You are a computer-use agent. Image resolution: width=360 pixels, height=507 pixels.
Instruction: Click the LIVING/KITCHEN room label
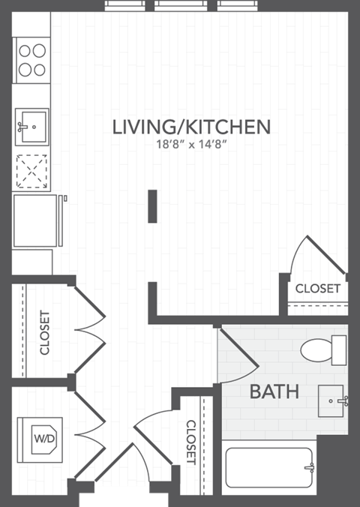[x=190, y=127]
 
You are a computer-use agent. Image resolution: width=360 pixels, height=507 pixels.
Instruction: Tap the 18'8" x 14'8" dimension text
[x=190, y=145]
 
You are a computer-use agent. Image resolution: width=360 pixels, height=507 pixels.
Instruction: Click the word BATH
[x=274, y=391]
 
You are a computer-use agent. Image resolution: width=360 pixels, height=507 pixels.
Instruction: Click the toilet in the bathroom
[x=323, y=349]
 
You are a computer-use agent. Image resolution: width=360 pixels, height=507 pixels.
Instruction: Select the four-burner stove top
[x=32, y=60]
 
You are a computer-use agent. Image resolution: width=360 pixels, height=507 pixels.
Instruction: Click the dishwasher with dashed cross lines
[x=32, y=172]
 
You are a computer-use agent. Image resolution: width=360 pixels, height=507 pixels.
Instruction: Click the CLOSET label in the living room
[x=317, y=288]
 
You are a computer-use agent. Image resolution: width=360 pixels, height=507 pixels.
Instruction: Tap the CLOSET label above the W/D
[x=44, y=332]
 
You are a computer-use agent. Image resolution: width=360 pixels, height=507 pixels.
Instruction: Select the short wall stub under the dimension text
[x=152, y=206]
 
